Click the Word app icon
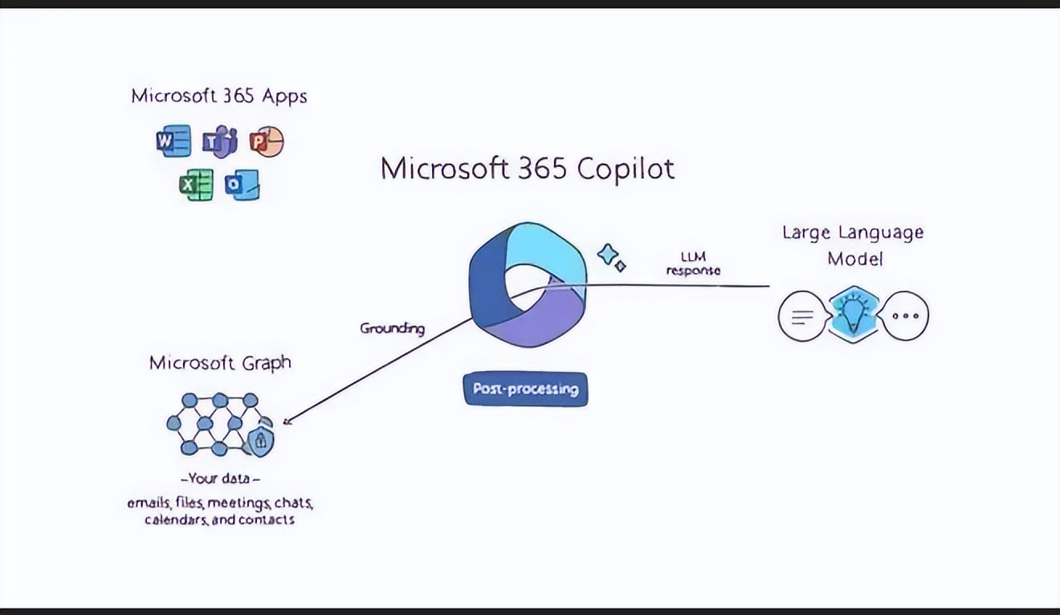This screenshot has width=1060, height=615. point(173,141)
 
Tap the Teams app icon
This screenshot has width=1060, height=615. point(219,142)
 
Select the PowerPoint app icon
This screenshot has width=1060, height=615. point(266,142)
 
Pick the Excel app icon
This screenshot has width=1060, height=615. point(196,185)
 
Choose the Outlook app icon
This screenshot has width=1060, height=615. point(242,185)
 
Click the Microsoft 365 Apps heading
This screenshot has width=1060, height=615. point(219,96)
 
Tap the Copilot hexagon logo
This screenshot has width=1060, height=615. point(527,284)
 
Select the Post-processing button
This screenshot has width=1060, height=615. point(526,389)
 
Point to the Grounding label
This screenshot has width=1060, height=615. point(392,328)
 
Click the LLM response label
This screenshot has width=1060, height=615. point(694,263)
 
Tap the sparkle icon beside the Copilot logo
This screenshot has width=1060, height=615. point(611,257)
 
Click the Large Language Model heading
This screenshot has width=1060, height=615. point(854,245)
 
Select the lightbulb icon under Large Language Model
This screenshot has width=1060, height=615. point(853,315)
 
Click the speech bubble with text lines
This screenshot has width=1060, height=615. point(801,316)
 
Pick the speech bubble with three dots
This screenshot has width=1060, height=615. point(905,316)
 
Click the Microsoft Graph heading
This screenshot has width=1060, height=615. point(220,363)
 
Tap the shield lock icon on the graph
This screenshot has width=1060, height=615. point(259,440)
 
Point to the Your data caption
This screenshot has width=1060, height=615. point(219,479)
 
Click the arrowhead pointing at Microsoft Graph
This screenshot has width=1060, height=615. point(288,420)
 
